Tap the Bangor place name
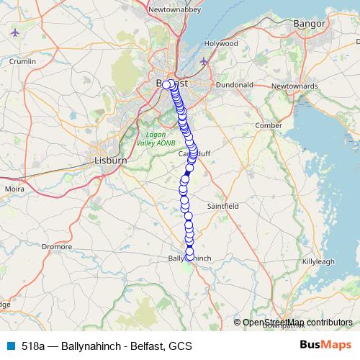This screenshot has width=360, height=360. pyautogui.click(x=310, y=24)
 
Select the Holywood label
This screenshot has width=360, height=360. pyautogui.click(x=220, y=43)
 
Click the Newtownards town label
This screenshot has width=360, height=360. pyautogui.click(x=294, y=86)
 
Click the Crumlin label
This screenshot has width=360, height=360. pyautogui.click(x=22, y=62)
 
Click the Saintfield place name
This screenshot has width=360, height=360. pyautogui.click(x=222, y=205)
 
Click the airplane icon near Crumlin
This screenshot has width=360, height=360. pyautogui.click(x=14, y=32)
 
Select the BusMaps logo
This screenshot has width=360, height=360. pyautogui.click(x=325, y=346)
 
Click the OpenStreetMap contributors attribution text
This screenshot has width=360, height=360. pyautogui.click(x=297, y=323)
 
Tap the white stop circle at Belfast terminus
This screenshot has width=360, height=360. pyautogui.click(x=166, y=84)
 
